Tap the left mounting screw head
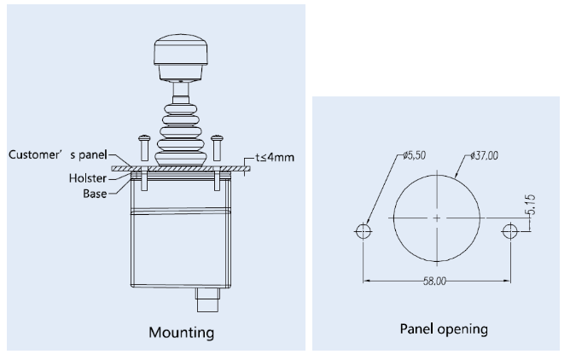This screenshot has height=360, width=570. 144,137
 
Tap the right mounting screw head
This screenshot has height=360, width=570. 217,137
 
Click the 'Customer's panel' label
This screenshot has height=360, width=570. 58,154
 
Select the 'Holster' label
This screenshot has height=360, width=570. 88,178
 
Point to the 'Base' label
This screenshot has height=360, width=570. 95,194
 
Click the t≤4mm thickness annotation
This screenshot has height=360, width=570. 275,157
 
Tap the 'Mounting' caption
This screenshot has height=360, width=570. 182,333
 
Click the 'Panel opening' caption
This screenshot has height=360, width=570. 444,329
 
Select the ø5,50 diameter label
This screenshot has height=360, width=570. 415,155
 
